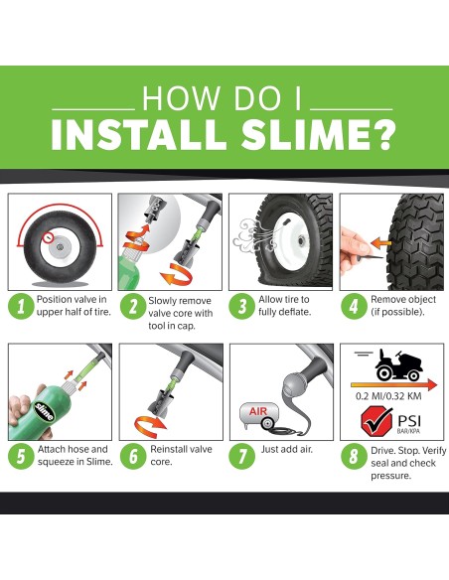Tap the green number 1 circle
point(19,306)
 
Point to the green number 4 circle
point(352,306)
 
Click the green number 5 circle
point(19,457)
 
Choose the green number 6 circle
point(130,457)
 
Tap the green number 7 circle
point(241,457)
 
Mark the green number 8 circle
point(352,457)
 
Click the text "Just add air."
point(288,450)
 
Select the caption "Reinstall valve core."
point(180,456)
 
